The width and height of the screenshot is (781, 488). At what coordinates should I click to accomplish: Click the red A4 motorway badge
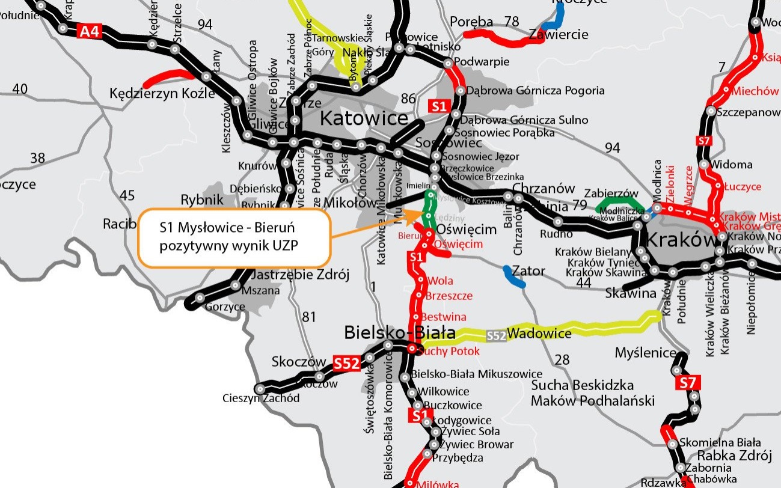tap(90, 31)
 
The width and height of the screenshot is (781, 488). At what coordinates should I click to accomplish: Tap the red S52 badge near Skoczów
tap(347, 363)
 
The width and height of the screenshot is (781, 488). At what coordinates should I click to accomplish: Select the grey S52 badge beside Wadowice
tap(496, 336)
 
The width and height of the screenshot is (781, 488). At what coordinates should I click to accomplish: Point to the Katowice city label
tap(364, 118)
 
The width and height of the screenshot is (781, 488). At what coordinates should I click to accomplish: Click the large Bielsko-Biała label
tap(399, 332)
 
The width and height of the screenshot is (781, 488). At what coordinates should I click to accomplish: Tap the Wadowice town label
tap(539, 333)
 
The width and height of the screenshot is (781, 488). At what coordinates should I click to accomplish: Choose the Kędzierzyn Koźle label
tap(162, 94)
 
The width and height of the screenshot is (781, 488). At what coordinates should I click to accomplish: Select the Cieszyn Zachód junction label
tap(261, 398)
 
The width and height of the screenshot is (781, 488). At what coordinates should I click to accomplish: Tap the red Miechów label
tap(755, 91)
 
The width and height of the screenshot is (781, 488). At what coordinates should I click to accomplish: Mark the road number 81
tap(308, 316)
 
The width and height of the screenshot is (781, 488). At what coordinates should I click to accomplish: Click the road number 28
tap(562, 359)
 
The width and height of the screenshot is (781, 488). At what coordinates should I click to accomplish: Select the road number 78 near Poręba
tap(512, 22)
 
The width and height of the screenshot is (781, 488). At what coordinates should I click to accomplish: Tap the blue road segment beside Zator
tap(513, 275)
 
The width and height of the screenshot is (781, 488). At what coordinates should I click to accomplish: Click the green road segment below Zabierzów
tap(617, 201)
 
